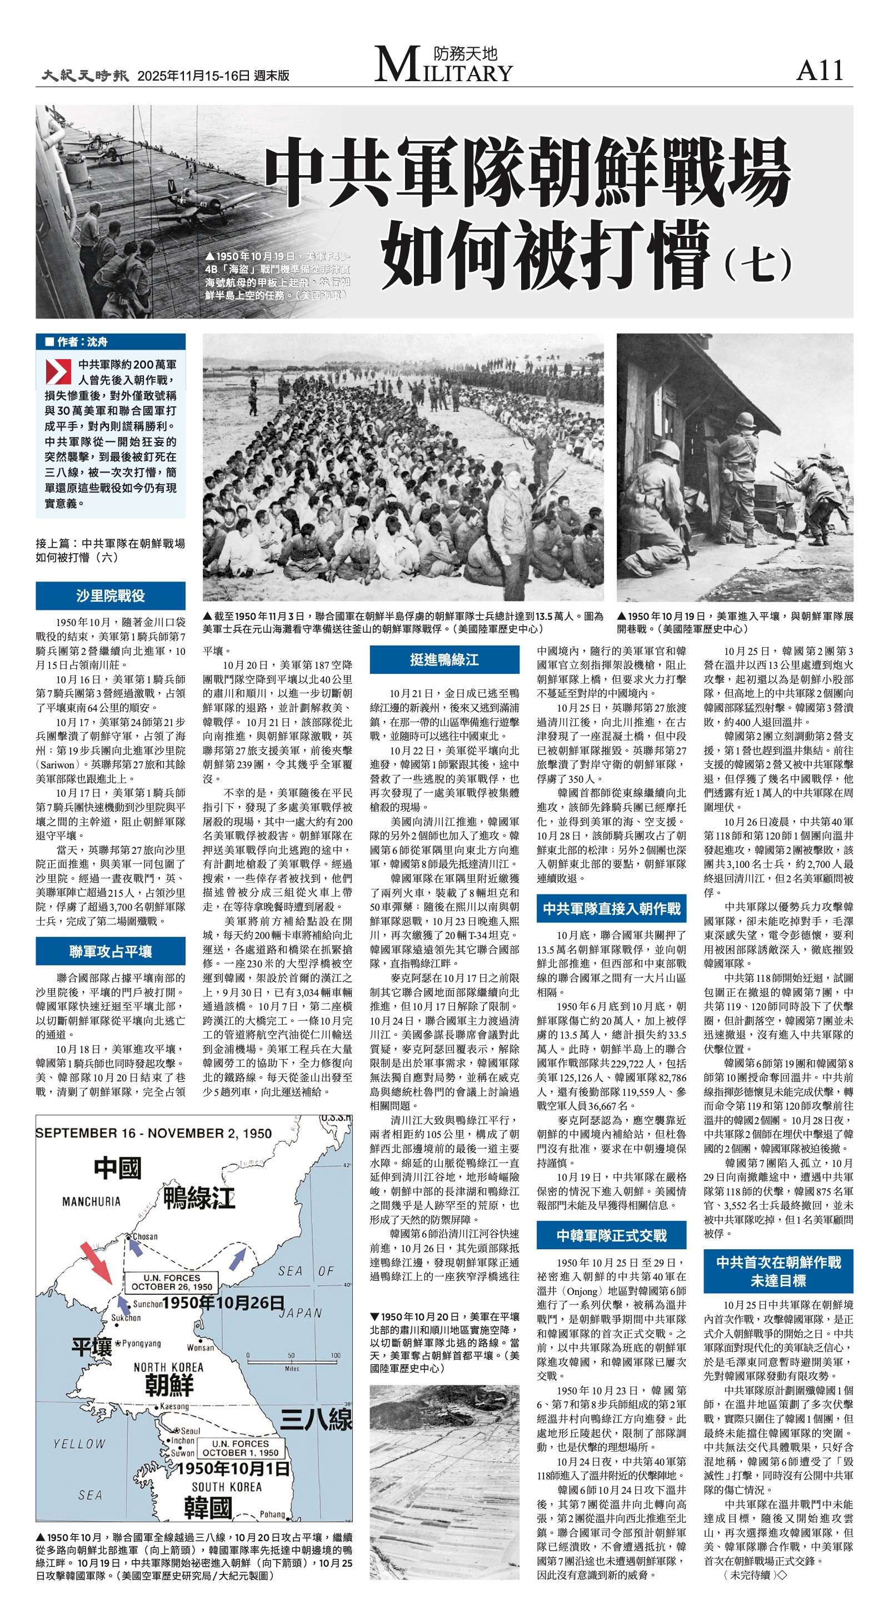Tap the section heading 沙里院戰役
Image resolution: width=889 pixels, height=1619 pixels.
tap(111, 596)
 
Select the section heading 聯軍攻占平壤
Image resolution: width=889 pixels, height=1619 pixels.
tap(111, 951)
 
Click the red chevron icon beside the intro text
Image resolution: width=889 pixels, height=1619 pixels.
tap(58, 371)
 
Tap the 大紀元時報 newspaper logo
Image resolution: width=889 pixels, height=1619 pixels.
tap(86, 76)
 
